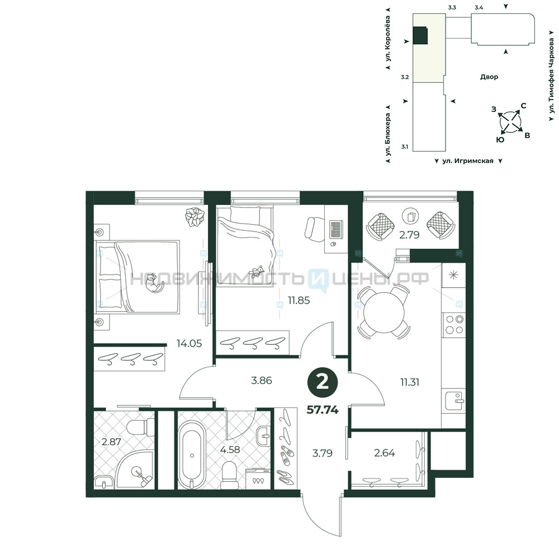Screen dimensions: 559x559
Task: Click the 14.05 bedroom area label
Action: [189, 343]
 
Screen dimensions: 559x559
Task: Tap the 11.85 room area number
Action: [299, 300]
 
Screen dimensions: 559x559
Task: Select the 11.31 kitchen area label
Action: [410, 382]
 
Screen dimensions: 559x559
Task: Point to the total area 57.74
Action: [323, 410]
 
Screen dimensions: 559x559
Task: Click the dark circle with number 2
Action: [323, 383]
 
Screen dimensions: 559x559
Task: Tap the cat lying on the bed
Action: [155, 283]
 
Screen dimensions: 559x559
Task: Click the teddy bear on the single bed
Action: [257, 272]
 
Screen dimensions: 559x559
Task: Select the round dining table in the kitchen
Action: [384, 312]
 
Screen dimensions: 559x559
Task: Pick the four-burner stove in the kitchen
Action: [454, 325]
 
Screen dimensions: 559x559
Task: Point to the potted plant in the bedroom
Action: [195, 216]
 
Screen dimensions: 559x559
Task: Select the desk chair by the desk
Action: [314, 229]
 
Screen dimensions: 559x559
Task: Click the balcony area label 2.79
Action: [409, 235]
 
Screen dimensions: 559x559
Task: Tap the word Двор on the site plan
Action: [489, 77]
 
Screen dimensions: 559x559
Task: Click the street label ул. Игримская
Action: [468, 161]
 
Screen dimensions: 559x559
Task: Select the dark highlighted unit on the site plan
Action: [420, 36]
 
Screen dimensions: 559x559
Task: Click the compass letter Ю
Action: [500, 140]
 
